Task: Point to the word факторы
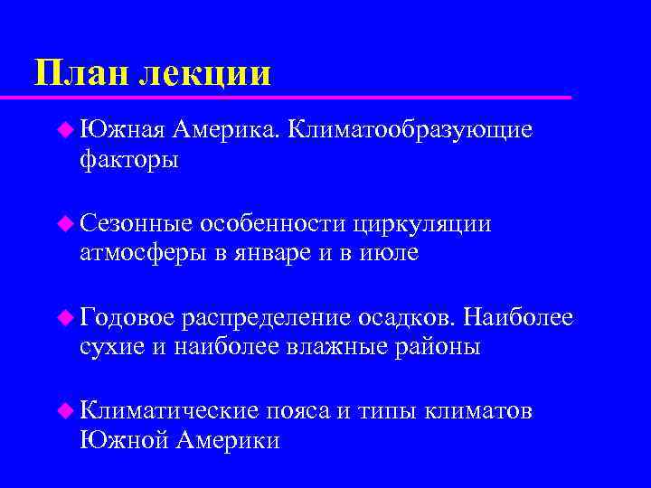(129, 161)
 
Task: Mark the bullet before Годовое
(64, 317)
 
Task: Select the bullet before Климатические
(64, 411)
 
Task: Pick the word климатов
(478, 411)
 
